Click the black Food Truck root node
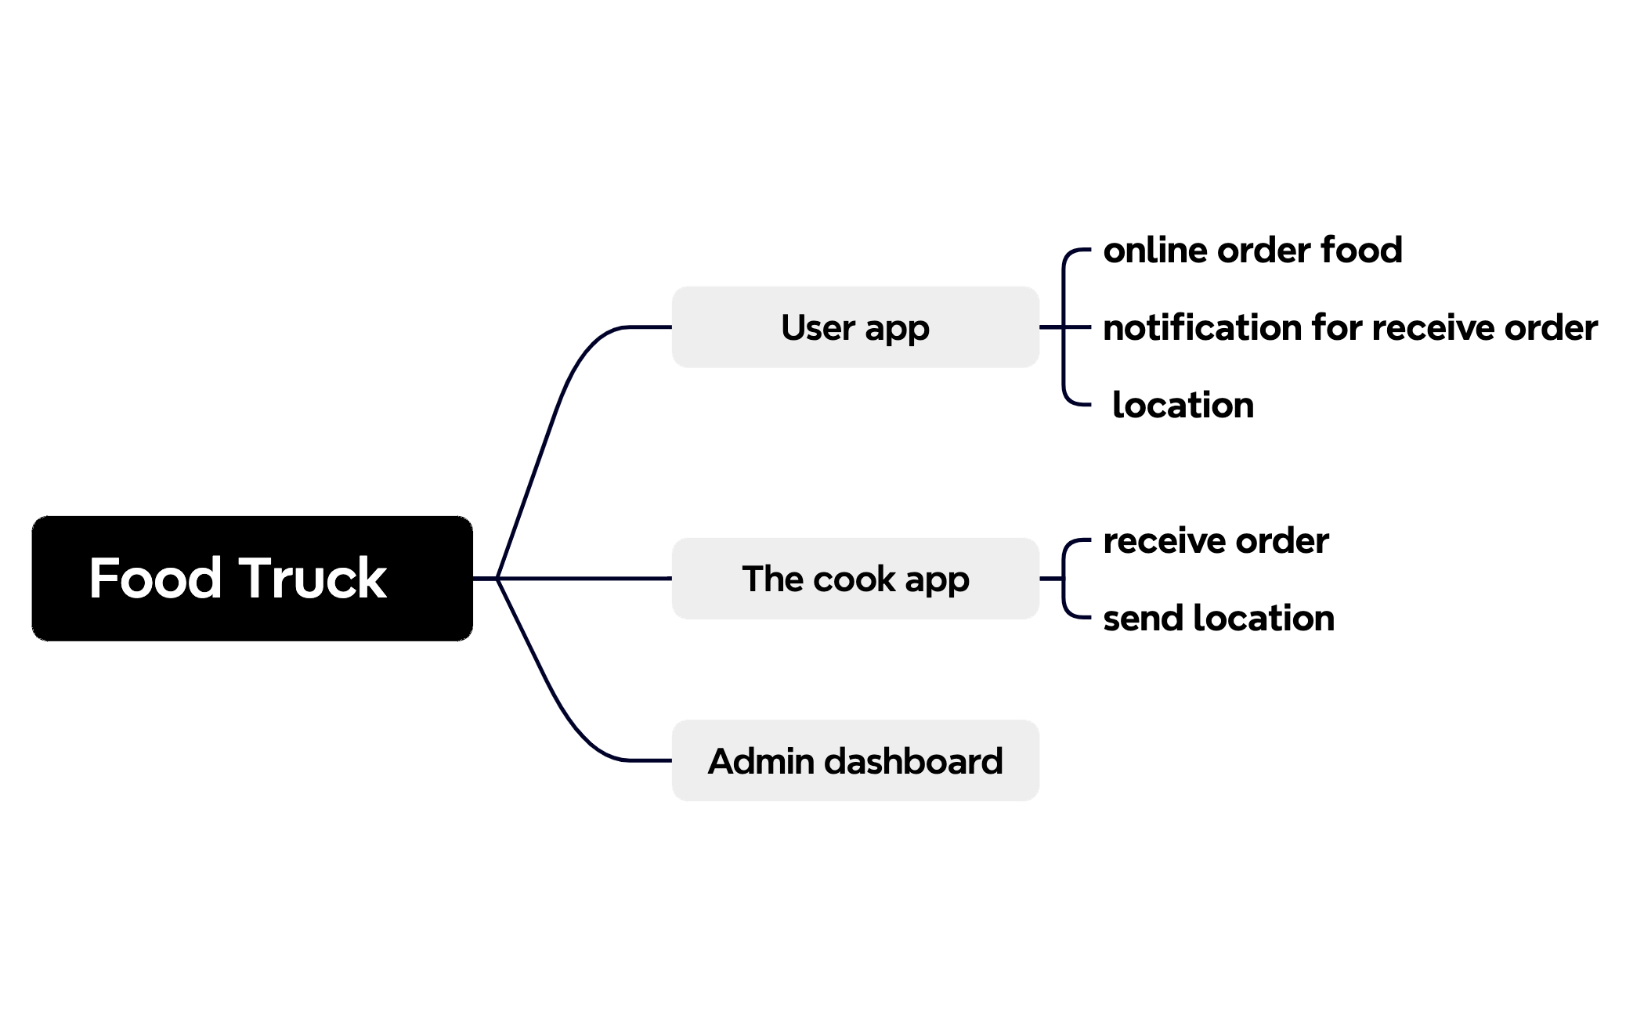tap(251, 579)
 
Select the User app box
tap(855, 327)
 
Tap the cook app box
tap(855, 579)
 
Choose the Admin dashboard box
tap(855, 760)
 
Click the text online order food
tap(1252, 251)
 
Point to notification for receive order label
tap(1349, 327)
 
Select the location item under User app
tap(1182, 406)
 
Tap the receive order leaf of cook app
tap(1215, 541)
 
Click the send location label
tap(1218, 619)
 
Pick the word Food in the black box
tap(155, 579)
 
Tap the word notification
tap(1201, 327)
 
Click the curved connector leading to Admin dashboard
tap(548, 689)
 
